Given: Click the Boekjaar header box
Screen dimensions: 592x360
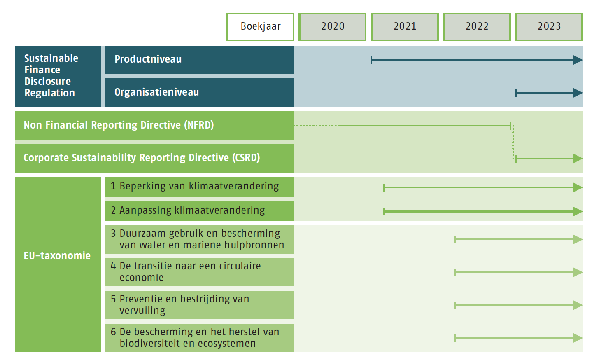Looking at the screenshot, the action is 260,27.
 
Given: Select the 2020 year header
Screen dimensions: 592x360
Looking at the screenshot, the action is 333,27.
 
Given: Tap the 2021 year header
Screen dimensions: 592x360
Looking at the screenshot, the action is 405,27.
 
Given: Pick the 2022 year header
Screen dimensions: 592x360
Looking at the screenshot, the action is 477,27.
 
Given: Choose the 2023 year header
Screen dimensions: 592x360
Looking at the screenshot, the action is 549,27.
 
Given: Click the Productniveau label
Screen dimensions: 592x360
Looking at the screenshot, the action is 148,59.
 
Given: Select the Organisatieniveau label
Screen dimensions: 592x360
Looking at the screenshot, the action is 157,92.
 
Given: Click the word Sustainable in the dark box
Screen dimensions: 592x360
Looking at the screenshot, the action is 51,58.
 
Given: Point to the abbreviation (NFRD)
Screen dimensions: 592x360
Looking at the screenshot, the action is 199,125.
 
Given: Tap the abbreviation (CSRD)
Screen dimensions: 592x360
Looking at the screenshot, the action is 246,158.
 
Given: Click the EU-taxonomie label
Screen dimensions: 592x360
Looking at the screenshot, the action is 57,255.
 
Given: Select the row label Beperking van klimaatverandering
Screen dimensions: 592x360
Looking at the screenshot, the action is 199,186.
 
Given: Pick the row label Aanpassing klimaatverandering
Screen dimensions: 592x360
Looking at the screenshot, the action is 192,210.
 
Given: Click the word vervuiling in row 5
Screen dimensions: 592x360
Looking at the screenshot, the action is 142,310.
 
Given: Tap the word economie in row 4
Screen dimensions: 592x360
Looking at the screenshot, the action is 142,278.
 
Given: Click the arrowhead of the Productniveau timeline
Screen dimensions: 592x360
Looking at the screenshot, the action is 578,60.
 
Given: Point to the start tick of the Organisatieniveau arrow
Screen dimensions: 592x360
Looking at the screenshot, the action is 516,93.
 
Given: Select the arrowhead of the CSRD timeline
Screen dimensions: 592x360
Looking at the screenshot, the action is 578,159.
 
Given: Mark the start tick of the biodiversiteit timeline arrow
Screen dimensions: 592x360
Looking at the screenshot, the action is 455,338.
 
